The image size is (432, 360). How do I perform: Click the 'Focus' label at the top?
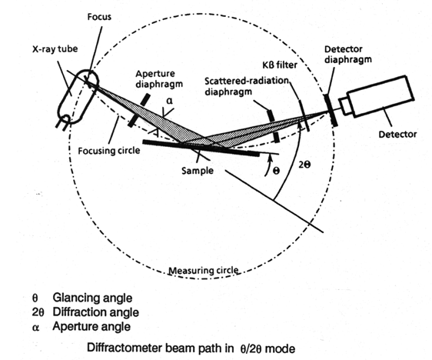point(99,17)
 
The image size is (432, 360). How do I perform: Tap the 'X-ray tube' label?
point(55,49)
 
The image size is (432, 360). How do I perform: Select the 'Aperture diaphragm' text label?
point(159,78)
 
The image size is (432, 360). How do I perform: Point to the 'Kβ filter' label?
point(280,65)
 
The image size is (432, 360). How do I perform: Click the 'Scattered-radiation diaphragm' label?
point(247,86)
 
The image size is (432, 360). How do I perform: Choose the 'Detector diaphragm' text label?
point(347,55)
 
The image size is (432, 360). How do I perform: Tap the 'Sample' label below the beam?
point(198,171)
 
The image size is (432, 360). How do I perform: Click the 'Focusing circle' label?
point(109,151)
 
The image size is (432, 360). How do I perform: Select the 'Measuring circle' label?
point(204,271)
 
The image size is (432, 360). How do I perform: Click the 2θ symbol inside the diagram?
point(304,165)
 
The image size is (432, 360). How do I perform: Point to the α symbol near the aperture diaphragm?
point(170,101)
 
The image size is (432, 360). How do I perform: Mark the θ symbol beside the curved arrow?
point(276,171)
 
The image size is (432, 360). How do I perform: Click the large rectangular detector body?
point(380,96)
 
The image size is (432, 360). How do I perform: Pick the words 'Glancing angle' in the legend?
point(92,298)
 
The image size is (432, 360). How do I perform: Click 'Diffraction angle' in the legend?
point(95,312)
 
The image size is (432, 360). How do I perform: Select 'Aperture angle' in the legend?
point(91,326)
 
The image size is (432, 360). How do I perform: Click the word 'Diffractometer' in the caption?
point(125,348)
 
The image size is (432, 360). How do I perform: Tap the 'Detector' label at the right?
point(397,135)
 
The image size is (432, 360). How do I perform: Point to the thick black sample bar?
point(201,148)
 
